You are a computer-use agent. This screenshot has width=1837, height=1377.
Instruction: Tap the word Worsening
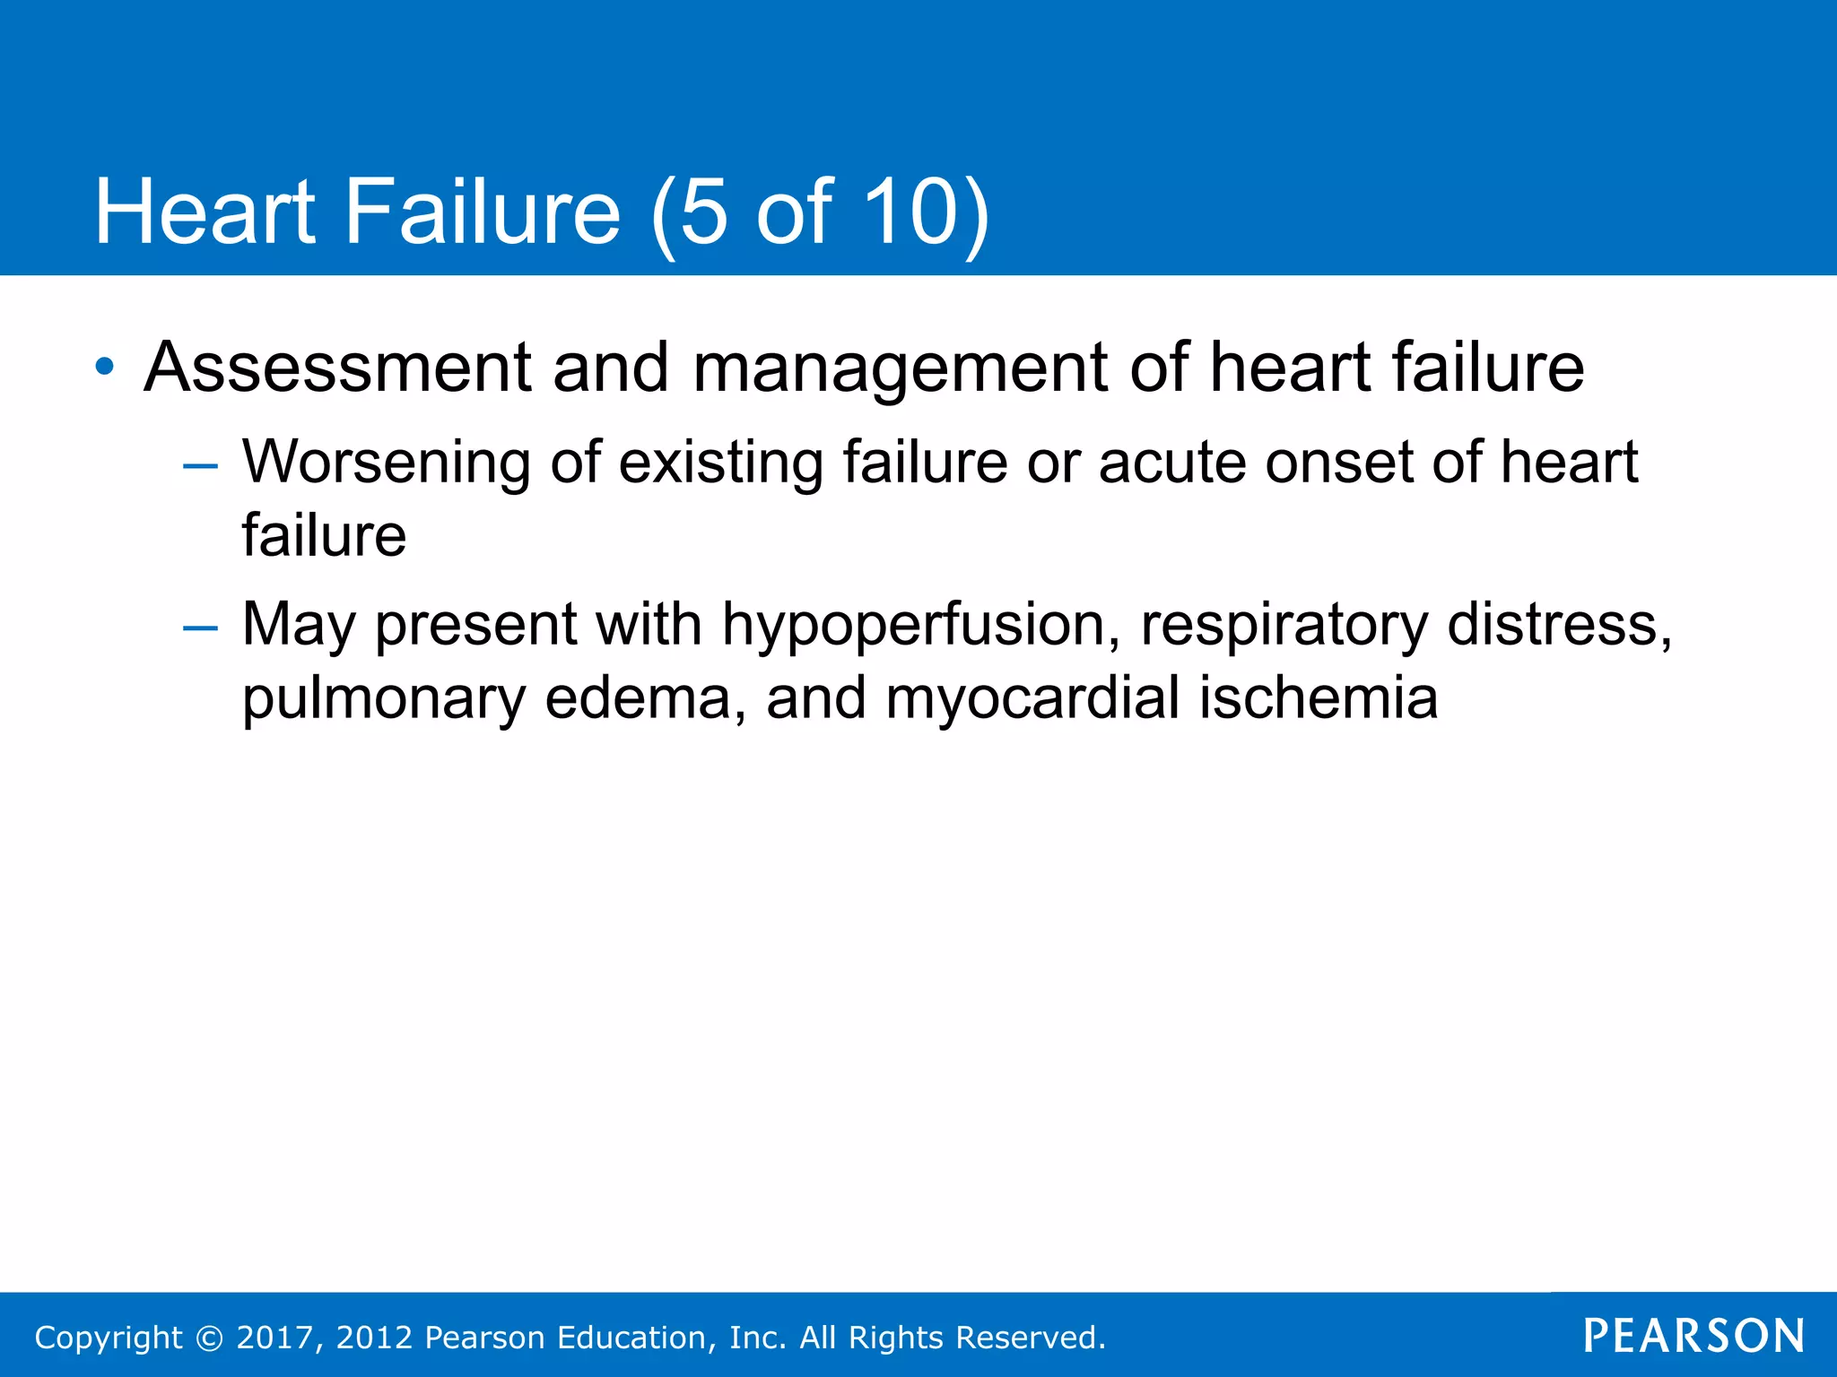387,463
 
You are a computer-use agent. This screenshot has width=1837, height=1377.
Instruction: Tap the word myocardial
1032,699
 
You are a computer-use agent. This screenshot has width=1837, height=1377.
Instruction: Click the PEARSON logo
1693,1336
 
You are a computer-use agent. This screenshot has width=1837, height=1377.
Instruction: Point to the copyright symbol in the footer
209,1338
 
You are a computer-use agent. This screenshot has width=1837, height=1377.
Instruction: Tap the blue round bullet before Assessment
105,367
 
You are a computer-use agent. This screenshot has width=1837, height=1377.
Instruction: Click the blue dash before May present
200,628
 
